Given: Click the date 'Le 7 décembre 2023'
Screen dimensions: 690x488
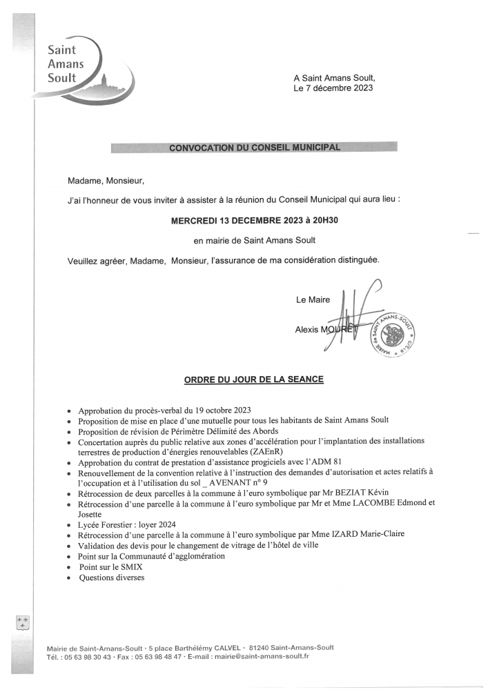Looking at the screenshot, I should point(334,89).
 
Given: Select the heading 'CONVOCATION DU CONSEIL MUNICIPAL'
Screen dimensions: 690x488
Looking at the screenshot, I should point(255,147).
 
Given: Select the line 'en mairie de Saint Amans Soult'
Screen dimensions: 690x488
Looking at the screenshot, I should point(255,240).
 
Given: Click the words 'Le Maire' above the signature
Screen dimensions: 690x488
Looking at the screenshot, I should point(313,299).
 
